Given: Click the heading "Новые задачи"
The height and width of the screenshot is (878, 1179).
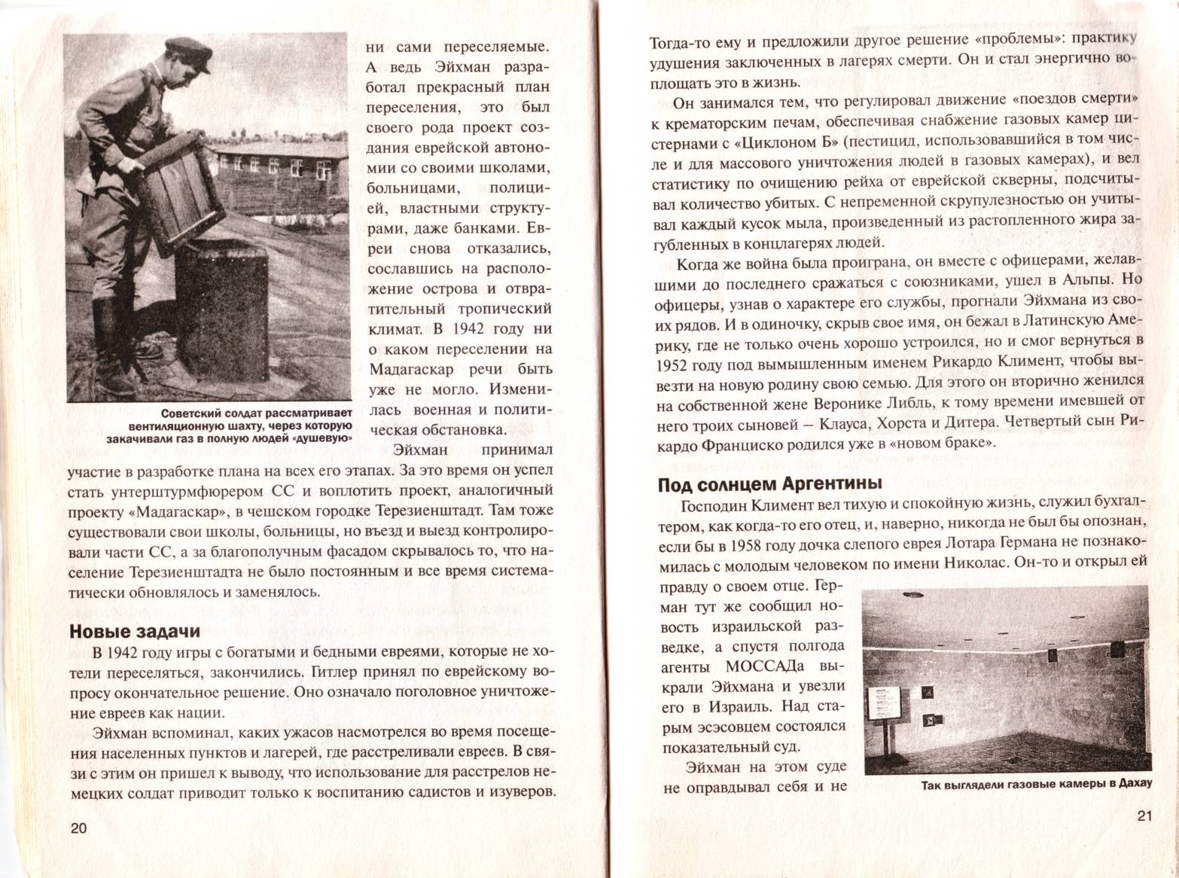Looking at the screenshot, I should (135, 631).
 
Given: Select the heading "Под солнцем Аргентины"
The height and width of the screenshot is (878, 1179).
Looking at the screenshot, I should (769, 483).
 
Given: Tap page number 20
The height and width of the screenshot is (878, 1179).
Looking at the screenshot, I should (78, 828).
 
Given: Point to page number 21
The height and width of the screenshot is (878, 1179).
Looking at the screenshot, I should (1144, 816).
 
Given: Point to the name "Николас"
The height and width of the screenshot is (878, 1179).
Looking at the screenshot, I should (973, 562).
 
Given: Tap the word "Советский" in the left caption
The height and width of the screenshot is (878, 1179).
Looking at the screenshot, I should (193, 413).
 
